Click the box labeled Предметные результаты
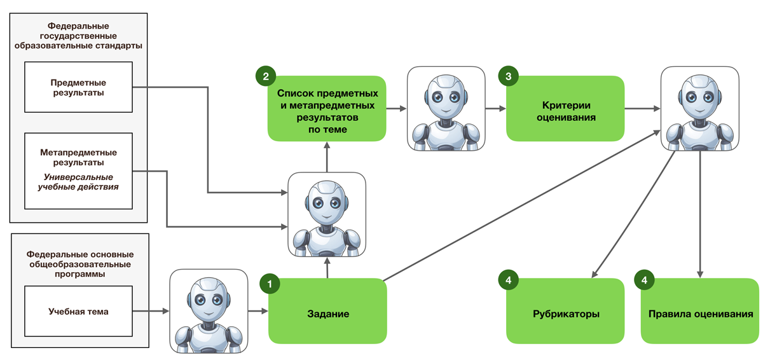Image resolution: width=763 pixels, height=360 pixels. (78, 87)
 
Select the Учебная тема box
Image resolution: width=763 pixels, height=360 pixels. (78, 311)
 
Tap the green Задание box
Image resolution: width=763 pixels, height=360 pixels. (327, 311)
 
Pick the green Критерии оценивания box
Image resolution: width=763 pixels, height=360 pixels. (565, 108)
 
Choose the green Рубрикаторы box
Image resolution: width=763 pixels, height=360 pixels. (565, 311)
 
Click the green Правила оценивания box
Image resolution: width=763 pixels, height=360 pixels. (700, 311)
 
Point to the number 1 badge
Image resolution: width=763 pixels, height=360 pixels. (270, 284)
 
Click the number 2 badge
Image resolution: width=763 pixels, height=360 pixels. (266, 76)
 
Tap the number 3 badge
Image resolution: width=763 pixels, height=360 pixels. (508, 76)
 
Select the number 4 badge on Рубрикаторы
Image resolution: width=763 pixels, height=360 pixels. (508, 280)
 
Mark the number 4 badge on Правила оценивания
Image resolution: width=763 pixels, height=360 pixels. (644, 280)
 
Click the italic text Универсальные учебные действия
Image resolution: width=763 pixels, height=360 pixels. (78, 182)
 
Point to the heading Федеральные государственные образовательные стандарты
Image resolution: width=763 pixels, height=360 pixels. (78, 36)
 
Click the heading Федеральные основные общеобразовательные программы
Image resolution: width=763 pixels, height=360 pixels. (80, 264)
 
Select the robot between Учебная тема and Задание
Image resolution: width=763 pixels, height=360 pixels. (209, 311)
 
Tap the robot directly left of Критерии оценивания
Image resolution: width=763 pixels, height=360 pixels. (446, 109)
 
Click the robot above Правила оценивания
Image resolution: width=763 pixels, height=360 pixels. (700, 109)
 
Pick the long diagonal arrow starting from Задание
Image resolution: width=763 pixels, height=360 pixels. (522, 205)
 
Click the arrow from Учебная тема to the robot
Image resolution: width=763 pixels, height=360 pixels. (151, 311)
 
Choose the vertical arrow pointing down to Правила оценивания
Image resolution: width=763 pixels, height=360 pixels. (700, 214)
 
